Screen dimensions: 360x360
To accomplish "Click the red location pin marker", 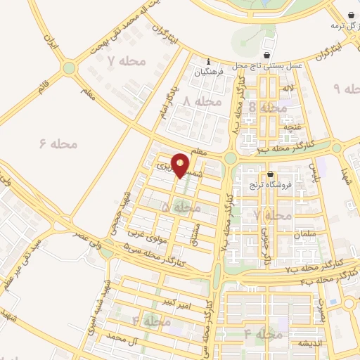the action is [181, 165].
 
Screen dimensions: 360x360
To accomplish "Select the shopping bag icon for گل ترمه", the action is [351, 15].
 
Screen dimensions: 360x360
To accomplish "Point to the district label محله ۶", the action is [58, 143].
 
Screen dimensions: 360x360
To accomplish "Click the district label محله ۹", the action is [346, 89].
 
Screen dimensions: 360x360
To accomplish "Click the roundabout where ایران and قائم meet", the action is [69, 68].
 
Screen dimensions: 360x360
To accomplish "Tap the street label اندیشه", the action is [309, 342].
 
